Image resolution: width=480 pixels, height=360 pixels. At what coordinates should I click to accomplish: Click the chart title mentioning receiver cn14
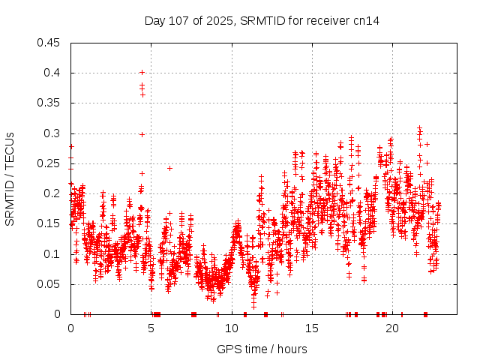262,21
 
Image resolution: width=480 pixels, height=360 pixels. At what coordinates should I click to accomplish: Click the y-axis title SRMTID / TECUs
10,179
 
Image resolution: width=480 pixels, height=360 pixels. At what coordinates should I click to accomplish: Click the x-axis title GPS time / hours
261,349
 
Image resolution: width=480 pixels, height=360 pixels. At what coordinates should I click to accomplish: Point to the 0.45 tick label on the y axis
49,43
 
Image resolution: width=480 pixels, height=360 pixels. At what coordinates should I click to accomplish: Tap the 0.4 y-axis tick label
52,73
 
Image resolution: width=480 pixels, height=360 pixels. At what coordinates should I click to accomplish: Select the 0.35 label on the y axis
49,103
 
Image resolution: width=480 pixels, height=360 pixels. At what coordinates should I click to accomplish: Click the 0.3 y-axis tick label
52,133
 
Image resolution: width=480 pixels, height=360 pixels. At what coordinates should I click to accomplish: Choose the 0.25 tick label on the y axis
49,163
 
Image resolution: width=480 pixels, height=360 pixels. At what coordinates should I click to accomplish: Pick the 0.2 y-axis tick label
52,193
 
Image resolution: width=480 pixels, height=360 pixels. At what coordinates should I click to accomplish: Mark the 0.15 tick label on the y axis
49,223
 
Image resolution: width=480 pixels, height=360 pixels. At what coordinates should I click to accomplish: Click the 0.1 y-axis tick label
52,254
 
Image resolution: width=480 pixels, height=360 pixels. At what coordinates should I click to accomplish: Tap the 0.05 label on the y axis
49,284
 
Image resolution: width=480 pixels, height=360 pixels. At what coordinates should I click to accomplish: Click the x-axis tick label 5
151,328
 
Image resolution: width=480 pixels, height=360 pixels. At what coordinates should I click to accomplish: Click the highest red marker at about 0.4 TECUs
142,73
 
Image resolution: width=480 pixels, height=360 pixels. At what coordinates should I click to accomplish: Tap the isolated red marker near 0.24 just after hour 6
170,168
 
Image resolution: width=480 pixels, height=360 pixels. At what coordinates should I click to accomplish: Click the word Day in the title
154,21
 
